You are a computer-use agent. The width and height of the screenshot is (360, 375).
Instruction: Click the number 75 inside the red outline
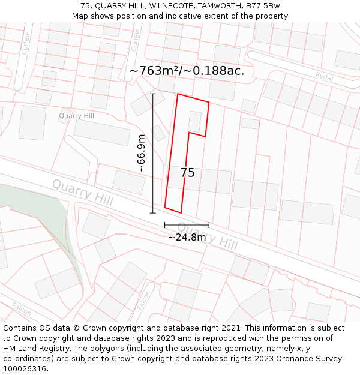187,173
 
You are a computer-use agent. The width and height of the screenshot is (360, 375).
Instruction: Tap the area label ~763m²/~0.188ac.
187,71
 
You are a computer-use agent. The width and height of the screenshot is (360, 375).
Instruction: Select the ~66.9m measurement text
142,154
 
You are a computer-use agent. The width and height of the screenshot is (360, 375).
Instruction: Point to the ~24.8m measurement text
187,237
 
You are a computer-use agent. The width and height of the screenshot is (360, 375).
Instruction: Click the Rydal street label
324,76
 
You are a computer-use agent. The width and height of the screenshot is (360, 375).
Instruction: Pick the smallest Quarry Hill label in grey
76,116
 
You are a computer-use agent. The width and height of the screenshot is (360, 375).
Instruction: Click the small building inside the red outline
194,121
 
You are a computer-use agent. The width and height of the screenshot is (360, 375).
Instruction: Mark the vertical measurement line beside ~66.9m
153,153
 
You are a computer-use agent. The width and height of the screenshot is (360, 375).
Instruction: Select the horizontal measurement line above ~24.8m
187,225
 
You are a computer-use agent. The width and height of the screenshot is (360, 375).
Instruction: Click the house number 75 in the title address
85,6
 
